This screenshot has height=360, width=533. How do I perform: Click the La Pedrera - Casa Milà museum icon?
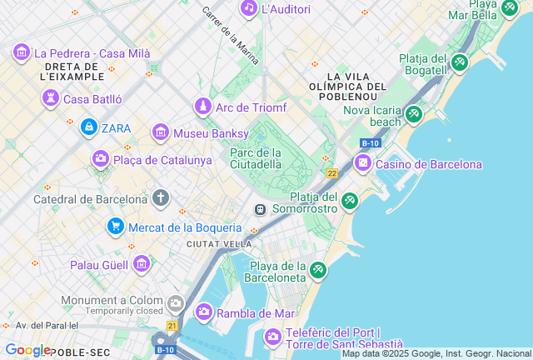pyautogui.click(x=22, y=53)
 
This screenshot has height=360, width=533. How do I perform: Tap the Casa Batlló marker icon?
pyautogui.click(x=51, y=99)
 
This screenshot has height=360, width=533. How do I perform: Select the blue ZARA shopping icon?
pyautogui.click(x=88, y=127)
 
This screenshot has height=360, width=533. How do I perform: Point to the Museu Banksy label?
pyautogui.click(x=211, y=133)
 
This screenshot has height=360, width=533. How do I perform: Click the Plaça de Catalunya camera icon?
pyautogui.click(x=101, y=159)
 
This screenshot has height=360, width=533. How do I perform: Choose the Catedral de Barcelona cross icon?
pyautogui.click(x=161, y=198)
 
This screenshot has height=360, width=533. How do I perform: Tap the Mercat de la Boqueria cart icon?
pyautogui.click(x=116, y=227)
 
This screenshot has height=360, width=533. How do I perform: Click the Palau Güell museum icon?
pyautogui.click(x=142, y=265)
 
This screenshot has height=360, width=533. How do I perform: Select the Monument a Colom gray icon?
pyautogui.click(x=175, y=302)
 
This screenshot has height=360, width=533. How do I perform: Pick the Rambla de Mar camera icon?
pyautogui.click(x=203, y=312)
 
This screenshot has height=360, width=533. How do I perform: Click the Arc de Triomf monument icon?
pyautogui.click(x=202, y=107)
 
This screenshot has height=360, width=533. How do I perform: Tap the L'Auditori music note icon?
pyautogui.click(x=248, y=8)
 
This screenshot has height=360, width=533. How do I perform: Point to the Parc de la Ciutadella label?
pyautogui.click(x=256, y=158)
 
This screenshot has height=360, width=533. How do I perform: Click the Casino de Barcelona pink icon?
pyautogui.click(x=362, y=163)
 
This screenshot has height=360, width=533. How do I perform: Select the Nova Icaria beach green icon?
pyautogui.click(x=414, y=114)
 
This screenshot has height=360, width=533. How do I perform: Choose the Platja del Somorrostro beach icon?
pyautogui.click(x=350, y=201)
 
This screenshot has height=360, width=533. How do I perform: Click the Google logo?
pyautogui.click(x=27, y=351)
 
